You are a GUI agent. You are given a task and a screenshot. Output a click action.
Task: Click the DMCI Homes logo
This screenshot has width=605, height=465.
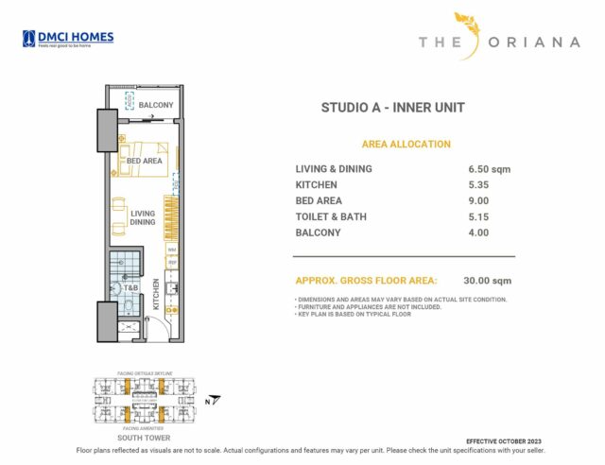click(x=67, y=39)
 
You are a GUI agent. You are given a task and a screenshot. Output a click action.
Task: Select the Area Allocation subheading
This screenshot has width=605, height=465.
click(x=406, y=145)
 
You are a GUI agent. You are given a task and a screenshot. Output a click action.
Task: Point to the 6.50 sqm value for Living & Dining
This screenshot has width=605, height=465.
click(x=491, y=169)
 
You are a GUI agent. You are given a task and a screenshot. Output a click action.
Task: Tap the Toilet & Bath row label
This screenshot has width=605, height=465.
click(x=331, y=217)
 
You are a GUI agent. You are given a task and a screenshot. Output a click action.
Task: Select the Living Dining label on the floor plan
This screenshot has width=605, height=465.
click(x=143, y=218)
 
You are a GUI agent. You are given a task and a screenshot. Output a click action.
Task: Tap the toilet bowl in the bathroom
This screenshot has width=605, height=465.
click(x=128, y=306)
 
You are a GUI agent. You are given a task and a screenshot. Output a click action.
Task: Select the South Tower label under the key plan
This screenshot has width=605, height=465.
click(x=143, y=438)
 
